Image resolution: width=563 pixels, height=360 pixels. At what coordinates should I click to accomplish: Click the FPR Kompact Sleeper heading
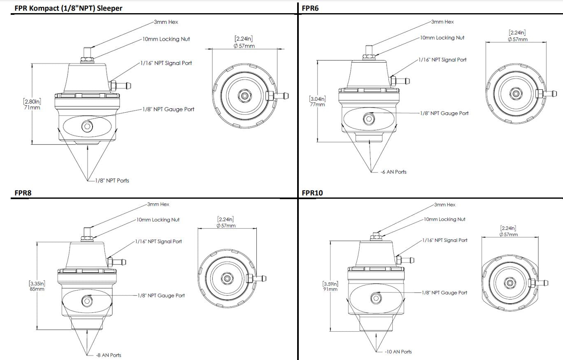(68, 8)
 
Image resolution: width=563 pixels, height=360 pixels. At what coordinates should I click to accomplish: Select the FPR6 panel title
(310, 8)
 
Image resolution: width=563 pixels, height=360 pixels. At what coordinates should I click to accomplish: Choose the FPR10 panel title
(312, 193)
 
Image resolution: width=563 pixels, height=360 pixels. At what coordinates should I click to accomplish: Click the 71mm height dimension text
(32, 107)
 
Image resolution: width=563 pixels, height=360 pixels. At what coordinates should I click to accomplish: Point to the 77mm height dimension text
(317, 104)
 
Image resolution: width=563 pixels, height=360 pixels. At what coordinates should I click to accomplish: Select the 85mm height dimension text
(37, 289)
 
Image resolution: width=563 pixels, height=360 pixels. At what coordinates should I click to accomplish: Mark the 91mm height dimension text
(330, 289)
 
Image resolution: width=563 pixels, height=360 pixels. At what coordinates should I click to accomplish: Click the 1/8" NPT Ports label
(112, 181)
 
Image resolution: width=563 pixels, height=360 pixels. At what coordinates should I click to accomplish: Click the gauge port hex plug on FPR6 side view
(369, 119)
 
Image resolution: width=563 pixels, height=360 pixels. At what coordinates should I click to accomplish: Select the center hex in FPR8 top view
(226, 278)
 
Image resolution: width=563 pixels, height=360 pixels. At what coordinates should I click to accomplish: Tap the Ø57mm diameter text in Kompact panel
(244, 46)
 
